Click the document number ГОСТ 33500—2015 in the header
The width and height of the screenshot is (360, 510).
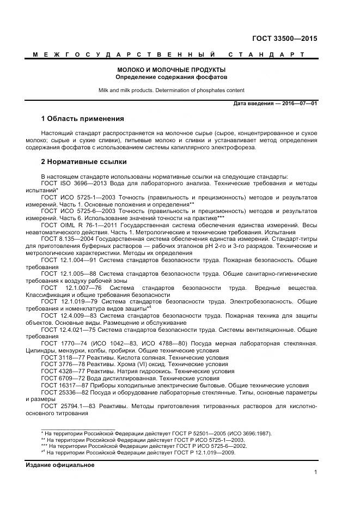284,39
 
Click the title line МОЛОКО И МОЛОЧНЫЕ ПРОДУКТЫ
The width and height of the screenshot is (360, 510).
172,70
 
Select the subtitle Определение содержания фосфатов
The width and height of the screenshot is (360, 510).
172,77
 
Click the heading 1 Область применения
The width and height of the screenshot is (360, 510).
83,119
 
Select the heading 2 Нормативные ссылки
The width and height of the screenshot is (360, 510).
84,162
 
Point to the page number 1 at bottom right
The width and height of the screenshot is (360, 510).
315,472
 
